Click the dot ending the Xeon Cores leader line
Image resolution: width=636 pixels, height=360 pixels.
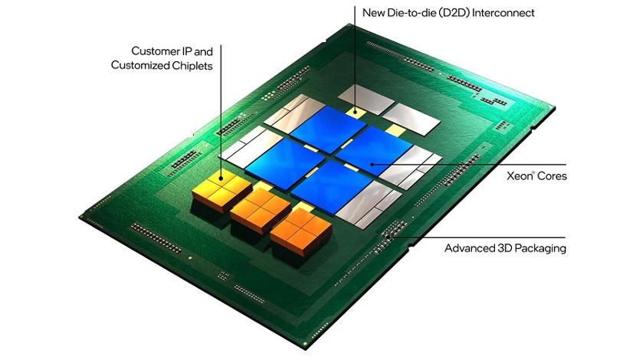click(372, 165)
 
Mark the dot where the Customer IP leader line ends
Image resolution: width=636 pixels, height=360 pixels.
click(221, 178)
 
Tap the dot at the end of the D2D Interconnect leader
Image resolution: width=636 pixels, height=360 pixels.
click(356, 111)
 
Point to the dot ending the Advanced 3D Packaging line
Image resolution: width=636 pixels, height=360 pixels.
click(388, 237)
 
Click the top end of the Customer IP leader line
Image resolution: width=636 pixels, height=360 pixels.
click(221, 44)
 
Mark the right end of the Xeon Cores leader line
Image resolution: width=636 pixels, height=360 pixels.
click(566, 165)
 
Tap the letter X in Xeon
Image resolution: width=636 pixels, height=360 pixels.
click(510, 176)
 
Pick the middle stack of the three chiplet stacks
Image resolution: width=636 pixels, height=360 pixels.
click(261, 210)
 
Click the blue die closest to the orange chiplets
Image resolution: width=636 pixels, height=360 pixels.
click(331, 187)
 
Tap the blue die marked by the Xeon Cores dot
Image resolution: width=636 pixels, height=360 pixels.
click(374, 151)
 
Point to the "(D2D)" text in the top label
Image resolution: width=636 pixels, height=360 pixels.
click(450, 13)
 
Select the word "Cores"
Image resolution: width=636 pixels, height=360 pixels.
click(552, 176)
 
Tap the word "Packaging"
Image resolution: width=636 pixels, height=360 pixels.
click(541, 248)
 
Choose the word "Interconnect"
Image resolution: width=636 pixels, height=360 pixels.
click(503, 13)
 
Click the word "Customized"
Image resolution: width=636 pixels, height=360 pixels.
click(140, 65)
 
